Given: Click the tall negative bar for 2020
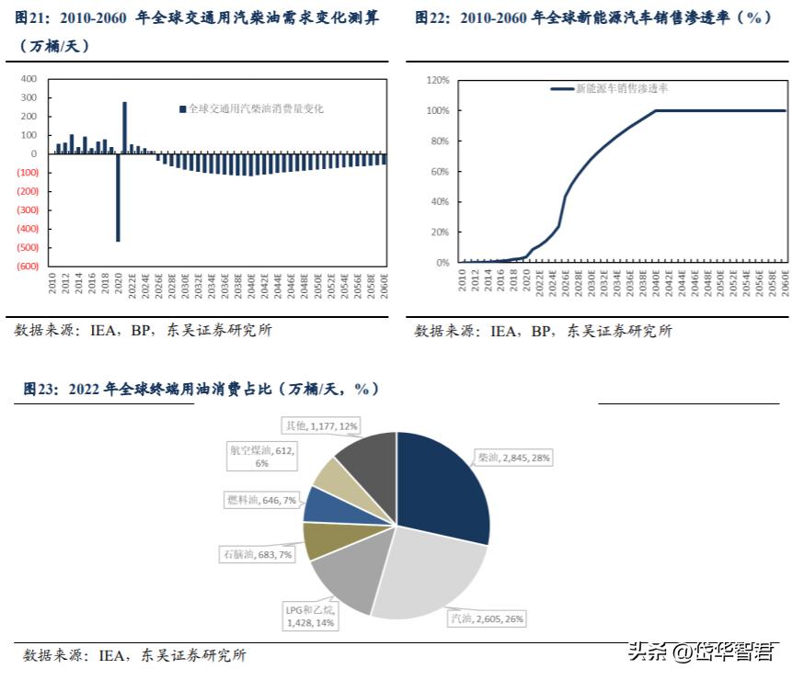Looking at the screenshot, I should coord(118,197).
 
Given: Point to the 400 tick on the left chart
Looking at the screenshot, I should coord(29,79).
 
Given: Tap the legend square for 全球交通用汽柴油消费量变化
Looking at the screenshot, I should coord(182,108).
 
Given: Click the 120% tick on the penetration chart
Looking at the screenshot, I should coord(437,80).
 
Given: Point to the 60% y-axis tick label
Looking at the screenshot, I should coord(439,172).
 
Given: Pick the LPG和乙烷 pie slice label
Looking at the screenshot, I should coord(310,617).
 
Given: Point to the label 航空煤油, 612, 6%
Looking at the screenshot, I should coord(264,457).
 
